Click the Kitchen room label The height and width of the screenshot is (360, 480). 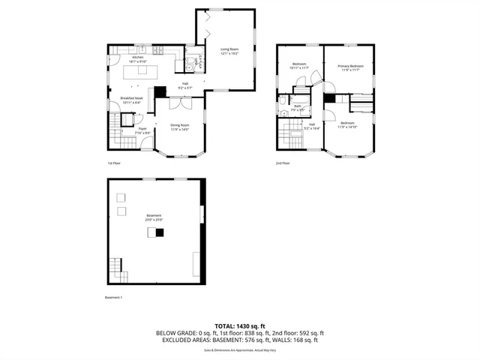pos(137,58)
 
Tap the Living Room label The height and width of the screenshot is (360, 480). pos(229,49)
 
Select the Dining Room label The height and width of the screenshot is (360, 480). pos(179,125)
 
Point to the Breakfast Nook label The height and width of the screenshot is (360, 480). pos(132,98)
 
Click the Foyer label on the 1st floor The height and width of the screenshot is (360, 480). pos(141,129)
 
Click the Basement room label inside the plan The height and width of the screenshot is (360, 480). pos(154,216)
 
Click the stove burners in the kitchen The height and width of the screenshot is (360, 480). pos(159,51)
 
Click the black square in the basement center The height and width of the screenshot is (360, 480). pos(159,232)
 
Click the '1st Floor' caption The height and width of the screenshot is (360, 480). pos(113,163)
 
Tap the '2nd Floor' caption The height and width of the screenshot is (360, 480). pos(283,163)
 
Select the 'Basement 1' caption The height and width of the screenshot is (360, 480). pos(114,298)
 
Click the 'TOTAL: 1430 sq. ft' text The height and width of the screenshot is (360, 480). pos(240,326)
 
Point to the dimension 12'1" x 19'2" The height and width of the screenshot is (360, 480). pos(229,53)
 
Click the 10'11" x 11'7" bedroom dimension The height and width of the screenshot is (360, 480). pos(299,69)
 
